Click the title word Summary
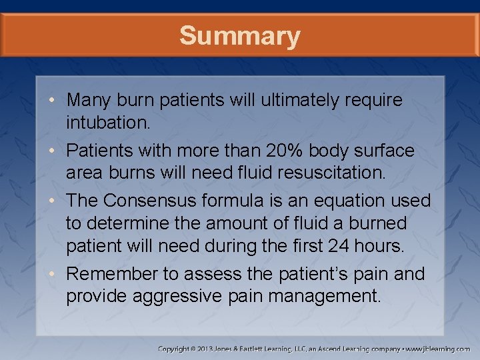pyautogui.click(x=239, y=35)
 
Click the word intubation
pyautogui.click(x=107, y=123)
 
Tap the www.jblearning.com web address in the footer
pyautogui.click(x=437, y=349)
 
